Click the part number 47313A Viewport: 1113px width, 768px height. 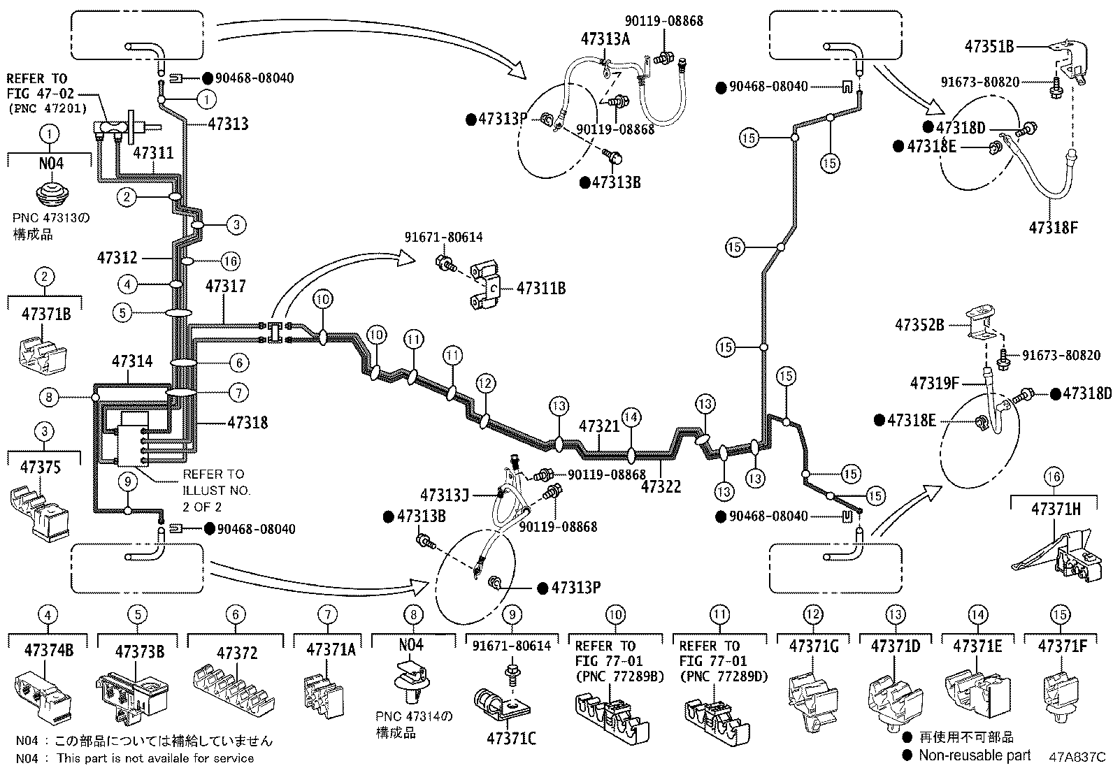point(605,39)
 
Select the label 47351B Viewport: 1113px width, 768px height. point(989,47)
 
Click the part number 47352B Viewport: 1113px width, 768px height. point(919,325)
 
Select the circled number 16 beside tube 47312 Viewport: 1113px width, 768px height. point(230,261)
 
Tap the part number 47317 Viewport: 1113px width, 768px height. point(225,287)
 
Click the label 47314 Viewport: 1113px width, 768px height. point(132,361)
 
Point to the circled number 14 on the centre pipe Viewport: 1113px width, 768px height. point(631,417)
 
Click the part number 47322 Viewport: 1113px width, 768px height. point(661,486)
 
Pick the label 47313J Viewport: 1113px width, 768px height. point(444,495)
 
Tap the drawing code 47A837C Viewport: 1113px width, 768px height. point(1077,756)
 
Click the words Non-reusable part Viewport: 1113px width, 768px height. point(974,755)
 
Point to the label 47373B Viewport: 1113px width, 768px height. point(140,652)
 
